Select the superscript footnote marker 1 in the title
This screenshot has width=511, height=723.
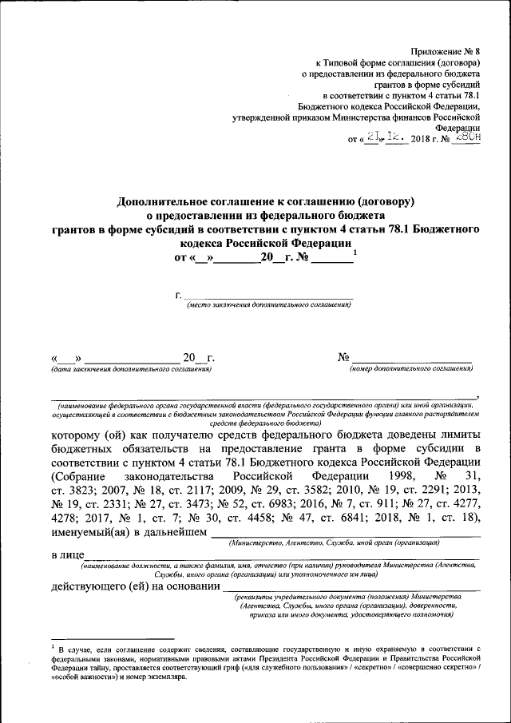(355, 254)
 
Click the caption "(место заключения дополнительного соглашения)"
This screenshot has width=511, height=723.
(268, 305)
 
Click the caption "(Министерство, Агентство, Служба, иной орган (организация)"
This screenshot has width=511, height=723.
(334, 543)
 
